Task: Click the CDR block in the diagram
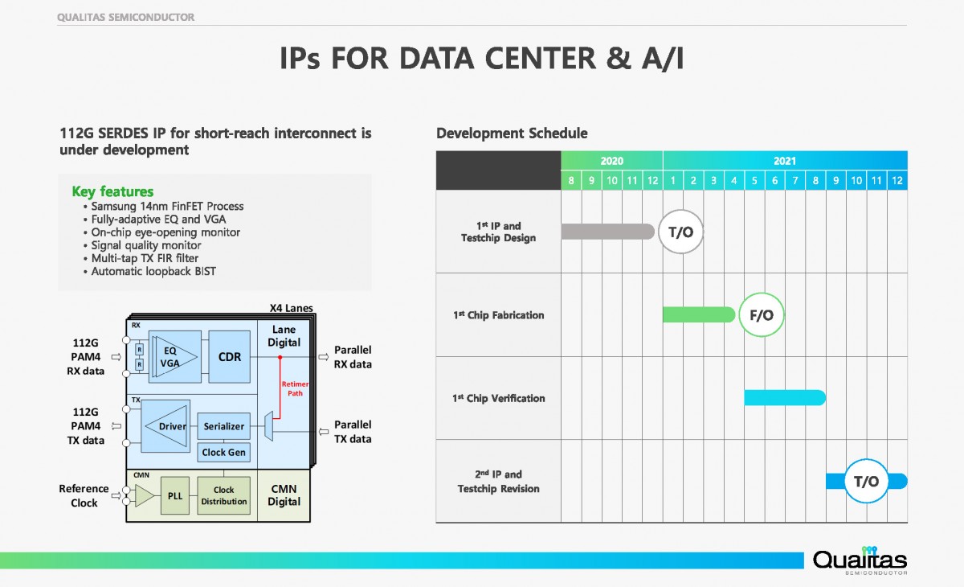(x=229, y=357)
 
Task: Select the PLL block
(x=175, y=495)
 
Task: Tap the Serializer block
(x=223, y=426)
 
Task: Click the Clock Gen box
(x=223, y=453)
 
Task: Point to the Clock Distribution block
(x=223, y=495)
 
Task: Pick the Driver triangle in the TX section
(x=166, y=426)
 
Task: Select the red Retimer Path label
(x=295, y=389)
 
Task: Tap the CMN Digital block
(x=284, y=495)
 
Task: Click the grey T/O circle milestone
(x=680, y=232)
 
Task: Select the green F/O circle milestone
(x=761, y=315)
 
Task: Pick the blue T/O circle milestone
(x=866, y=481)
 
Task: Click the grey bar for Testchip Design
(x=607, y=232)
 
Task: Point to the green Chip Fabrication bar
(x=697, y=314)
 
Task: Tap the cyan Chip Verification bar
(x=784, y=397)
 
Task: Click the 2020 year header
(x=611, y=161)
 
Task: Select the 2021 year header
(x=784, y=161)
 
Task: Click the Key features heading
(x=112, y=191)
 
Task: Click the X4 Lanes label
(x=291, y=308)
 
